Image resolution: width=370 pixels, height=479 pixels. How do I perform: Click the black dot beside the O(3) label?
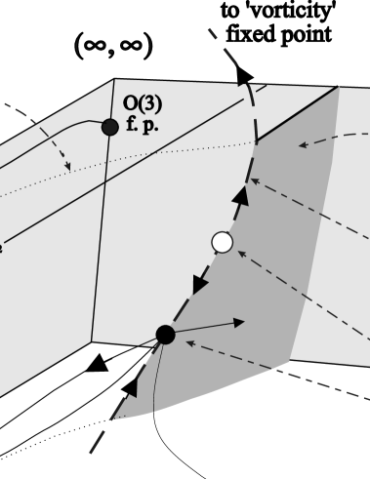point(109,127)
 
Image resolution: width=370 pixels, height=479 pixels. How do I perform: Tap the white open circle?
point(223,241)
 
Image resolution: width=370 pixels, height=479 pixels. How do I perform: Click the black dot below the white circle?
point(165,335)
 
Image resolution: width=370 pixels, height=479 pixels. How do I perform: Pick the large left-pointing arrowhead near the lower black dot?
point(96,364)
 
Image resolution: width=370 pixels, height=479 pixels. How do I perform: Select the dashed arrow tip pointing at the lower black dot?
point(188,341)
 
